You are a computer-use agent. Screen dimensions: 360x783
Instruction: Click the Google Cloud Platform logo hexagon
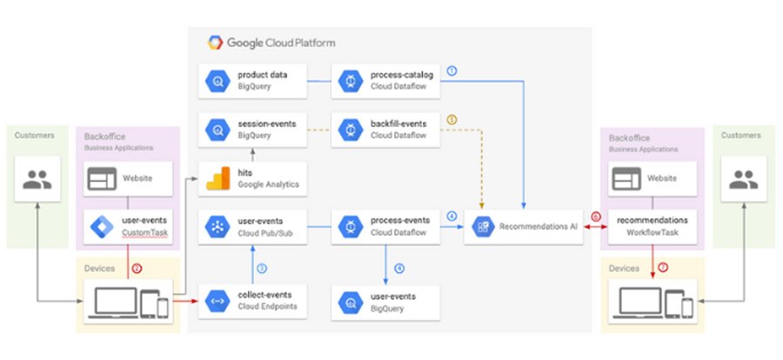point(215,42)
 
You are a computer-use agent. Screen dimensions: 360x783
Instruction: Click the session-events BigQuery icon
point(215,130)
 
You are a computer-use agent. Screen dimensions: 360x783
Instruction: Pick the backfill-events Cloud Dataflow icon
point(350,130)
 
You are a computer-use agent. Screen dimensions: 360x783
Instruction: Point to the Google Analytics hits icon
point(215,180)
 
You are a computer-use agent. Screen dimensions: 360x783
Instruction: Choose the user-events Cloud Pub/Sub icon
point(215,228)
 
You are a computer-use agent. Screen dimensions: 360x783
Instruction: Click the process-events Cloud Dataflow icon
point(350,228)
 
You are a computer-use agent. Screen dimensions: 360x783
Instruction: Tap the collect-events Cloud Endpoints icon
point(215,301)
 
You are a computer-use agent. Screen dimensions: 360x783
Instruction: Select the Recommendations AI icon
point(481,228)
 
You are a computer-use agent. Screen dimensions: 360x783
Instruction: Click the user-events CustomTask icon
point(101,228)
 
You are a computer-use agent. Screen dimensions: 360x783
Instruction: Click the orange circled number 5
point(451,119)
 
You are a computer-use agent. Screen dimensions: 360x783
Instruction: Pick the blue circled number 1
point(451,70)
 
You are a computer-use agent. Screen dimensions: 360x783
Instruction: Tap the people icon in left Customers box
point(37,180)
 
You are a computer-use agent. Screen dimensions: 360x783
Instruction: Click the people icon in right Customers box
point(744,180)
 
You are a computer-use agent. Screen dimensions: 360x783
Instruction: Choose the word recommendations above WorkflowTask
point(652,221)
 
